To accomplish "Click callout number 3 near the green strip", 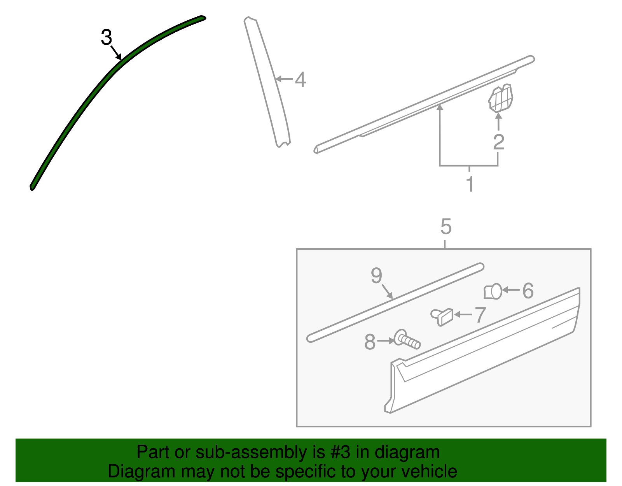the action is click(107, 37).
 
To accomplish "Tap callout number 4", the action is click(301, 80).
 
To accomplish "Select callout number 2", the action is click(499, 142).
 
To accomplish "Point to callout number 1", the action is click(470, 184).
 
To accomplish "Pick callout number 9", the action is click(376, 275).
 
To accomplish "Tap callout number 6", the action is click(528, 291).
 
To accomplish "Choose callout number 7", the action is click(480, 314).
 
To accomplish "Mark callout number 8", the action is click(370, 342).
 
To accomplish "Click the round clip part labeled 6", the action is click(493, 291).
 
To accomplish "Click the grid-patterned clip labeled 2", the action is click(500, 98).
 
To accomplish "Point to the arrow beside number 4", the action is click(285, 79).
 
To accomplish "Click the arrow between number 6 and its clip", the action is click(511, 290).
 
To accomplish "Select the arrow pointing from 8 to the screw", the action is click(386, 341).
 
